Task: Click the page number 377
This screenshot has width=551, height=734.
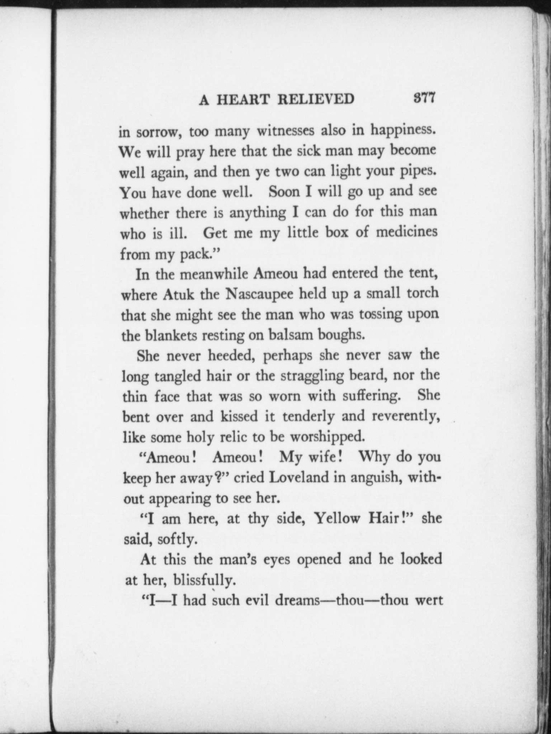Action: click(x=424, y=98)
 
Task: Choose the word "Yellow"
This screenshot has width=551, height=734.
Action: click(x=337, y=519)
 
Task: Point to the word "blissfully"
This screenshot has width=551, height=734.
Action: click(x=204, y=581)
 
